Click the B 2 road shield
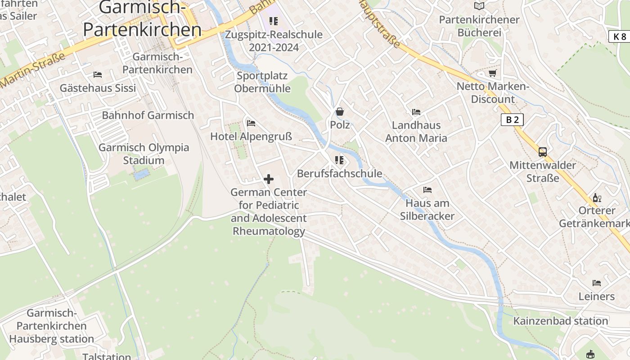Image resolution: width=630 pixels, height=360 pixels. [512, 120]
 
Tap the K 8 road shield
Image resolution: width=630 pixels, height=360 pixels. [620, 36]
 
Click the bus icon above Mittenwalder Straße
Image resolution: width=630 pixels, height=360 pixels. [543, 152]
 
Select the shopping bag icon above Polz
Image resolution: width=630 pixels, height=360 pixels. [340, 112]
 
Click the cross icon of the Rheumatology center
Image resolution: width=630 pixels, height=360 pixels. [269, 179]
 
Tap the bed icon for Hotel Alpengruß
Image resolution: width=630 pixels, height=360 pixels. [251, 123]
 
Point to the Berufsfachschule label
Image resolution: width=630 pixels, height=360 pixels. [339, 174]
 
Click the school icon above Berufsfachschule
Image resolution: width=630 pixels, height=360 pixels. [339, 160]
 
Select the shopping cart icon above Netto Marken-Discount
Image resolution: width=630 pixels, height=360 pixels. [493, 73]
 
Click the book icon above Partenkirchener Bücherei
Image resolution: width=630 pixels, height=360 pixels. [479, 6]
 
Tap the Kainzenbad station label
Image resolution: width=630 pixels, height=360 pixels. [561, 321]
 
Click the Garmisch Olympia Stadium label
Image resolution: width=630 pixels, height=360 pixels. [144, 154]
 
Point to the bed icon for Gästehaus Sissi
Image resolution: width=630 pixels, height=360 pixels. [98, 74]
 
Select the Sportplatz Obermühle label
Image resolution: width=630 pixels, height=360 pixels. [262, 82]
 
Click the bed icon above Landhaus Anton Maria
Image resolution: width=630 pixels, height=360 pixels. [416, 112]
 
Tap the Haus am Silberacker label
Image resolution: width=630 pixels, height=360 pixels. [427, 210]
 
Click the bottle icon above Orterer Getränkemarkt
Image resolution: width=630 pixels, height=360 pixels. [597, 198]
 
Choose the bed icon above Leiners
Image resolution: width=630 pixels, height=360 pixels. [597, 283]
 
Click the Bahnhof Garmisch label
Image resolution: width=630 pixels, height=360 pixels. [148, 115]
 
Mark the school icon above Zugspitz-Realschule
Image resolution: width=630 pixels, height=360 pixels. [274, 21]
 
